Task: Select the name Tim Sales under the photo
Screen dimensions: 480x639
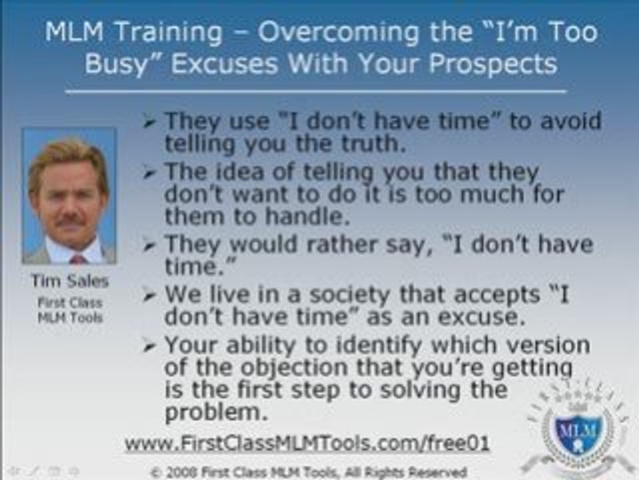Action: point(69,281)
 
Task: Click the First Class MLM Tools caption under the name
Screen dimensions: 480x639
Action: point(69,310)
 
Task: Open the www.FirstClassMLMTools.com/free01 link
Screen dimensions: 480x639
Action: point(307,443)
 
